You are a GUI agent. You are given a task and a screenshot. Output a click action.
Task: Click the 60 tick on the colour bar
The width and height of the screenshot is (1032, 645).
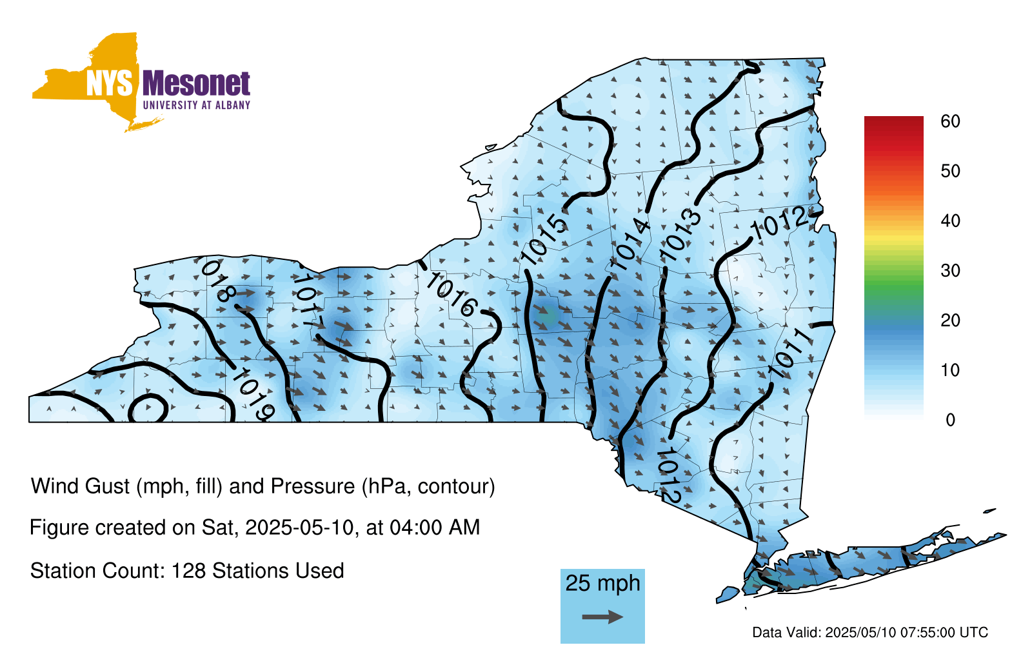[950, 122]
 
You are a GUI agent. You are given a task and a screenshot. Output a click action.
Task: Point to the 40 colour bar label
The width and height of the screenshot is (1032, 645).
[950, 221]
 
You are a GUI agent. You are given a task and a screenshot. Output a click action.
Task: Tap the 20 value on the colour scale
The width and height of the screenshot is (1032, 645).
[950, 321]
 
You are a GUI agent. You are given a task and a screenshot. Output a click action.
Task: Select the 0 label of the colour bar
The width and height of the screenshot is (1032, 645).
[951, 420]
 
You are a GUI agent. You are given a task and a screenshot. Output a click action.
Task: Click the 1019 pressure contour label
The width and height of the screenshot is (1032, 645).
[253, 395]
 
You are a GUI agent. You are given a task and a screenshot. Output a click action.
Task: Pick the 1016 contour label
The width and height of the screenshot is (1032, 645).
[451, 295]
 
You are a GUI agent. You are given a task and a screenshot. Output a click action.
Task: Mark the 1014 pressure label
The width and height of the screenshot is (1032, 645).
[629, 245]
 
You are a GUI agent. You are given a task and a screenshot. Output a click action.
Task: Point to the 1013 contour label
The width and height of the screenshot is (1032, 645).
[680, 235]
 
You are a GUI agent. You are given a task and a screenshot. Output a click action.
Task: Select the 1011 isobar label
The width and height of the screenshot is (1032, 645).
[791, 354]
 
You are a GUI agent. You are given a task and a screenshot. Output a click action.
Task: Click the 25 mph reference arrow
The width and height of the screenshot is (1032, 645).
[602, 617]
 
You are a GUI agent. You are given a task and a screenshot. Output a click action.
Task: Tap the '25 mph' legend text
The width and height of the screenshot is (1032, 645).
[602, 583]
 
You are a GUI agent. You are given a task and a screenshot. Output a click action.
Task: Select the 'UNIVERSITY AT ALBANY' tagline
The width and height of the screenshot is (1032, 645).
[197, 105]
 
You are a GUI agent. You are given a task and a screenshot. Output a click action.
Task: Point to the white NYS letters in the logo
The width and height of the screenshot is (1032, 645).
[110, 83]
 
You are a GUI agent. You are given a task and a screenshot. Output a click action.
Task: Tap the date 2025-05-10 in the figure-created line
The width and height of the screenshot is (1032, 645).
[299, 528]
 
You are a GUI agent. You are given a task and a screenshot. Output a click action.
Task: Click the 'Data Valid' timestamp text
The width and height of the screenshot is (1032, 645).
[870, 633]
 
